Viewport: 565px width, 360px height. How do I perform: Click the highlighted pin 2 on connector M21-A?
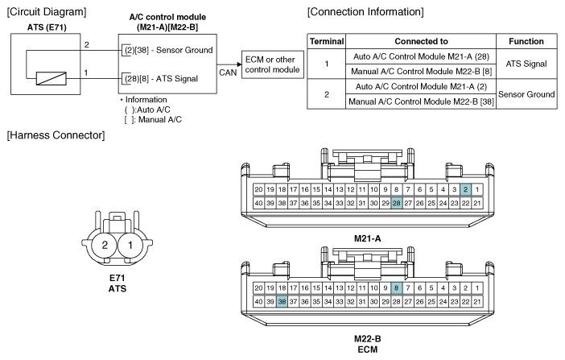coord(465,189)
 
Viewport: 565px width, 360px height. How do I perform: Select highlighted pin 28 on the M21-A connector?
coord(396,203)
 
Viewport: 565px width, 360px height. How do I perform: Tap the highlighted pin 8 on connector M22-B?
coord(396,288)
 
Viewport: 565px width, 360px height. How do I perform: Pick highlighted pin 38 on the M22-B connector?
coord(282,301)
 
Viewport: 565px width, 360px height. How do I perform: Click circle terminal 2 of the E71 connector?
coord(105,246)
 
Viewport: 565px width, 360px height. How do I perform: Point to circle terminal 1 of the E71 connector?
coord(130,246)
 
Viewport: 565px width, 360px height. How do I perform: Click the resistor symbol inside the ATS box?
coord(52,79)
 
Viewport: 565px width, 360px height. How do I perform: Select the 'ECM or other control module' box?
coord(272,64)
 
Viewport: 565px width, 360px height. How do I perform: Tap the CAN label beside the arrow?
coord(228,72)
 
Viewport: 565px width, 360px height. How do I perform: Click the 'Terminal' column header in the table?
coord(327,42)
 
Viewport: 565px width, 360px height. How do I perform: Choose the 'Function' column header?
coord(526,42)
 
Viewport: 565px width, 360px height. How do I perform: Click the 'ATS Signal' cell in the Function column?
coord(526,64)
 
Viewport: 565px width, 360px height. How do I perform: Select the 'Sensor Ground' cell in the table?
coord(526,94)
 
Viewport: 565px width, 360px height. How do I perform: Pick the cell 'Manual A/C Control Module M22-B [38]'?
coord(421,101)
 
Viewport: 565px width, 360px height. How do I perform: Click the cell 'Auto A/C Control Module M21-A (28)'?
coord(421,56)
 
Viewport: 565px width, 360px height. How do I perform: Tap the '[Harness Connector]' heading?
coord(56,135)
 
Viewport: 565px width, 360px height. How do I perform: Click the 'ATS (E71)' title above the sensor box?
coord(47,27)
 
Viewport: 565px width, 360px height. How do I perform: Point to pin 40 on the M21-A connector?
coord(258,203)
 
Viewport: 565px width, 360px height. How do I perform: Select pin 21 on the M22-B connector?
coord(477,301)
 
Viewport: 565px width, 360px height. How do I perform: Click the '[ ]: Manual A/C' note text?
coord(153,119)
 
